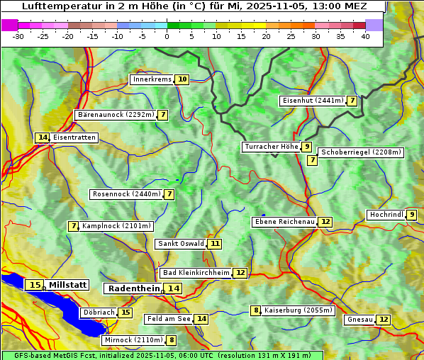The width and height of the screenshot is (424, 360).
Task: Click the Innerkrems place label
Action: coord(152,79)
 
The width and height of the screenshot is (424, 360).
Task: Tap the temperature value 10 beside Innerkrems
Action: coord(182,79)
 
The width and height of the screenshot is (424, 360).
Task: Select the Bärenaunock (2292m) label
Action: coord(115,115)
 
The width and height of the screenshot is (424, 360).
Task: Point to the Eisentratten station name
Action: coord(74,137)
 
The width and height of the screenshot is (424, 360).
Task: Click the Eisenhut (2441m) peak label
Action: coord(312,101)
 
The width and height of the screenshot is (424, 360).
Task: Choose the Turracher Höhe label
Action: coord(271,147)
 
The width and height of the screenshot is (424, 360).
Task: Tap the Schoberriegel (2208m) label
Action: coord(361,152)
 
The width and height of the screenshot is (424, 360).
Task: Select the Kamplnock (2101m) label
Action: coord(116,226)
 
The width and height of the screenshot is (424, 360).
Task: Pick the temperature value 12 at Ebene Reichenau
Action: coord(325,222)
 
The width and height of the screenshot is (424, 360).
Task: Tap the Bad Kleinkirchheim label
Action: coord(196,273)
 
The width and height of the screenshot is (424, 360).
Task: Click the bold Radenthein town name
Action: coord(134,288)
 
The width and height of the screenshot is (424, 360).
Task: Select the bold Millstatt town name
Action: coord(68,285)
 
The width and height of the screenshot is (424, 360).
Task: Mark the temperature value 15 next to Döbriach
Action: coord(125,312)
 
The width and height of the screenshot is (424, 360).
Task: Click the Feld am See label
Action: coord(169,319)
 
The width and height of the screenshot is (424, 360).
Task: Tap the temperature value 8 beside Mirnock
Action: coord(172,340)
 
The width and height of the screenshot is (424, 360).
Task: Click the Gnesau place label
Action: coord(359,320)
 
